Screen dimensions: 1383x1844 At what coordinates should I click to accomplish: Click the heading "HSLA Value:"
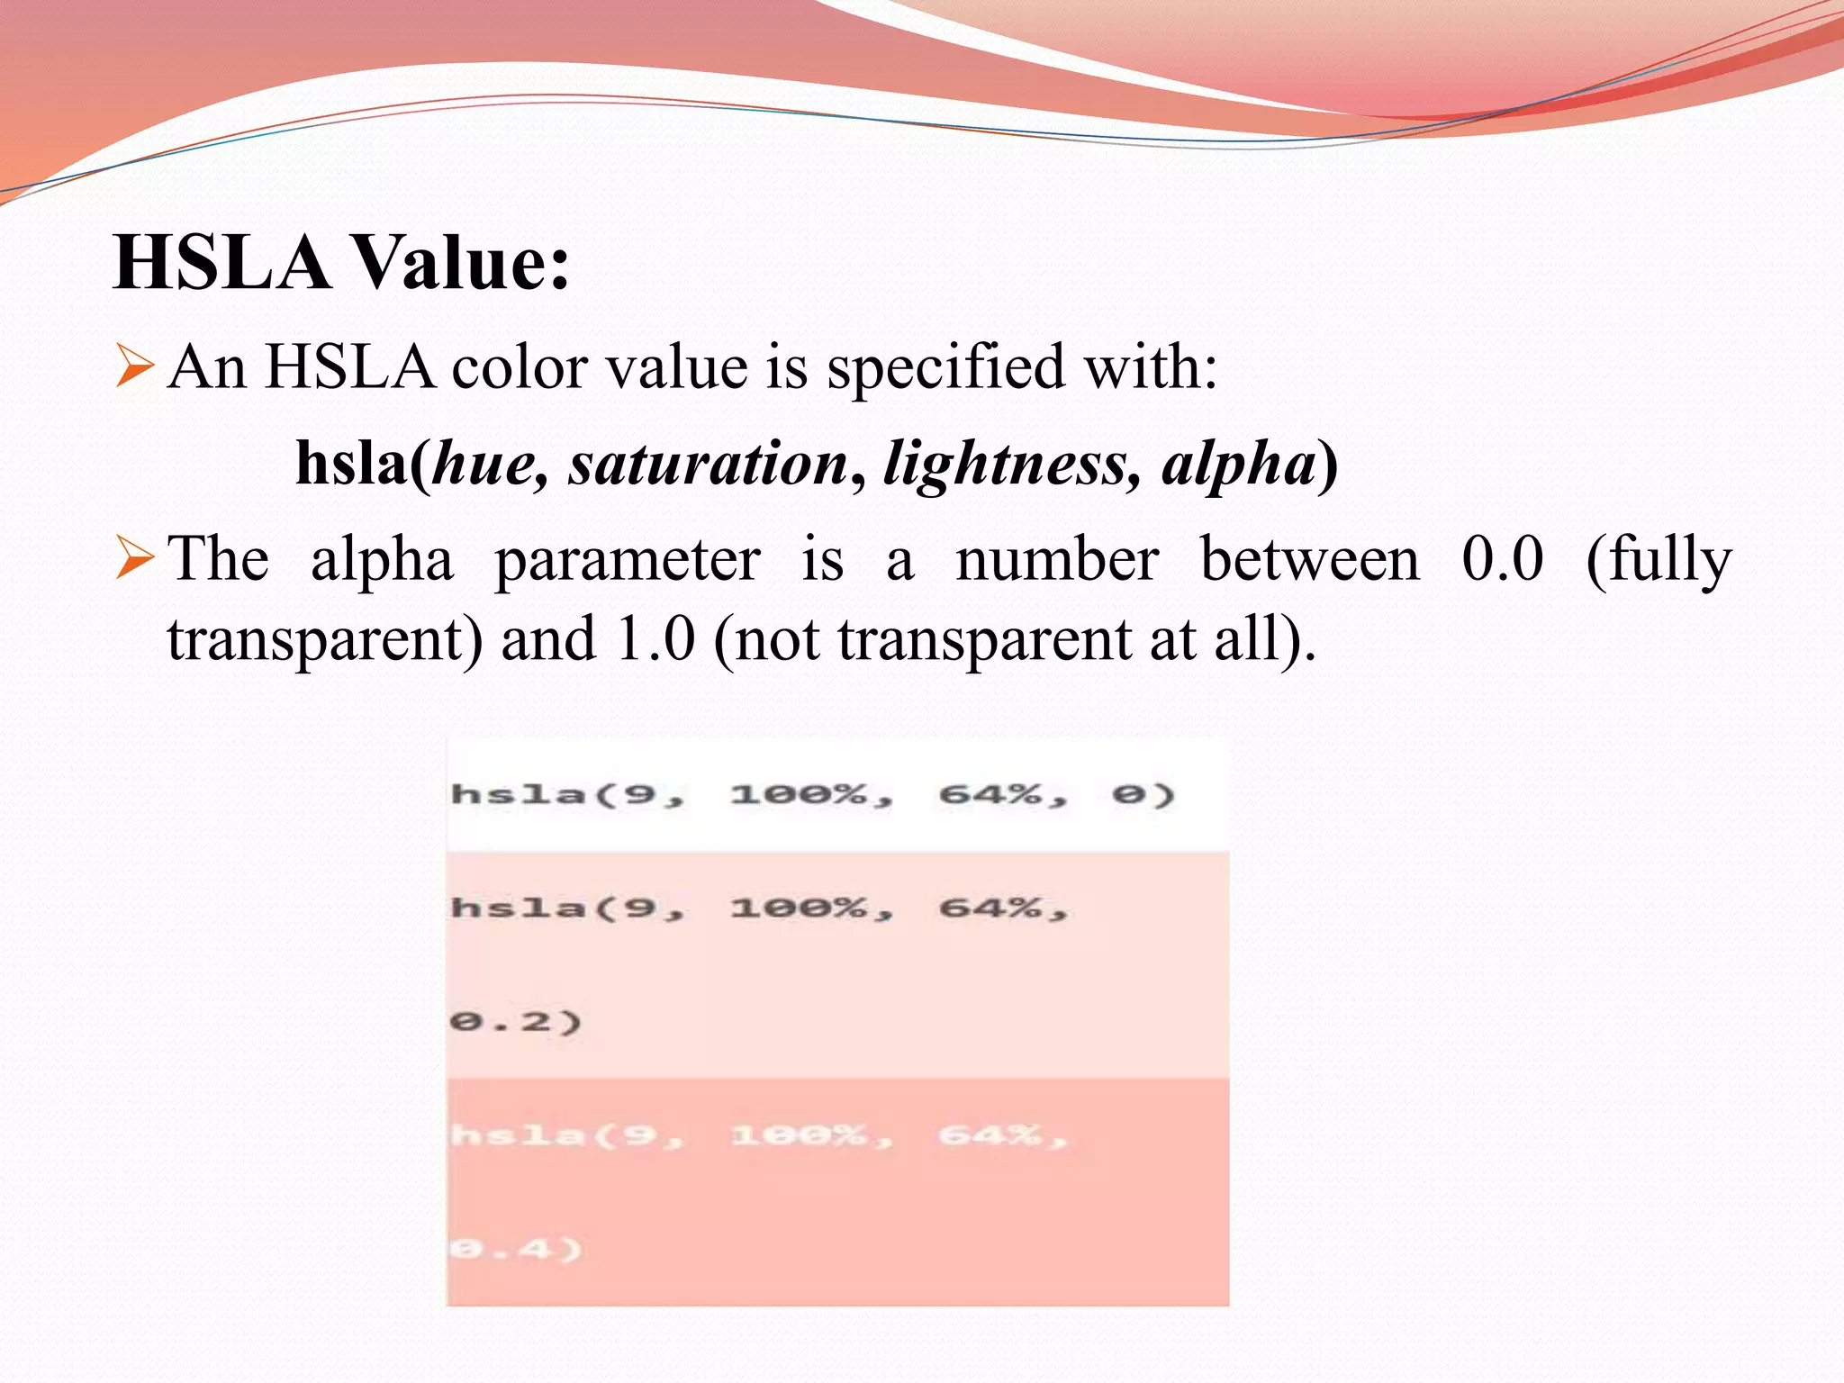coord(342,262)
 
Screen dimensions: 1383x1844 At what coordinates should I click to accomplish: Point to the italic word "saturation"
coord(708,464)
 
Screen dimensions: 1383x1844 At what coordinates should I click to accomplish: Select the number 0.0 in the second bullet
coord(1502,558)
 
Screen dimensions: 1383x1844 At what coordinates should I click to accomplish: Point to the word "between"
coord(1310,558)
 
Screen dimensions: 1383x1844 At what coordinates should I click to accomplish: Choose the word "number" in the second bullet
coord(1057,558)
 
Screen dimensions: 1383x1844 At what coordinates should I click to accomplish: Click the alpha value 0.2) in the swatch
coord(516,1022)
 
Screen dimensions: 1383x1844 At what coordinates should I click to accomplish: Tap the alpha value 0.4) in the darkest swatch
coord(516,1249)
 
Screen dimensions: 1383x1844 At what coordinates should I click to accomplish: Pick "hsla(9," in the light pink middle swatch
coord(567,908)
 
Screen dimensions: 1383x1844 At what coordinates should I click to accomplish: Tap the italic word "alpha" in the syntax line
coord(1238,466)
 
